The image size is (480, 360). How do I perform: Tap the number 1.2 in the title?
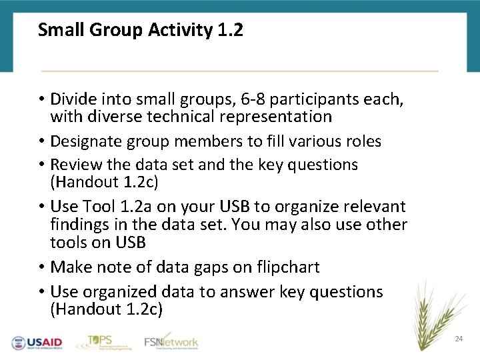tap(230, 30)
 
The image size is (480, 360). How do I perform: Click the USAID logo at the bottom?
tap(37, 343)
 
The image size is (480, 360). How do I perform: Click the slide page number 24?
tap(459, 339)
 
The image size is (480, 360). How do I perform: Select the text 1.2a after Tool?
tap(131, 206)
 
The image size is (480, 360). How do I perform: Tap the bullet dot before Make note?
tap(41, 267)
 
